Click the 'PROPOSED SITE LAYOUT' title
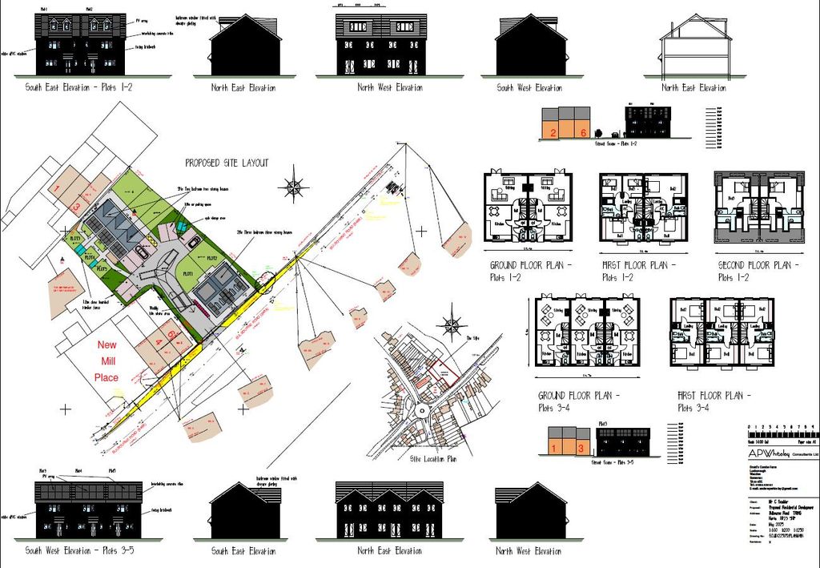227,163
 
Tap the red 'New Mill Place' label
107,361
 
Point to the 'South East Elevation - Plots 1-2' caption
78,87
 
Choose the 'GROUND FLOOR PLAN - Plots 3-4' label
580,401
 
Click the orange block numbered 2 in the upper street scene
553,131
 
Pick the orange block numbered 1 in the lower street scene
558,448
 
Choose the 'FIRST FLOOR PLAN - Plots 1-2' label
639,271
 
